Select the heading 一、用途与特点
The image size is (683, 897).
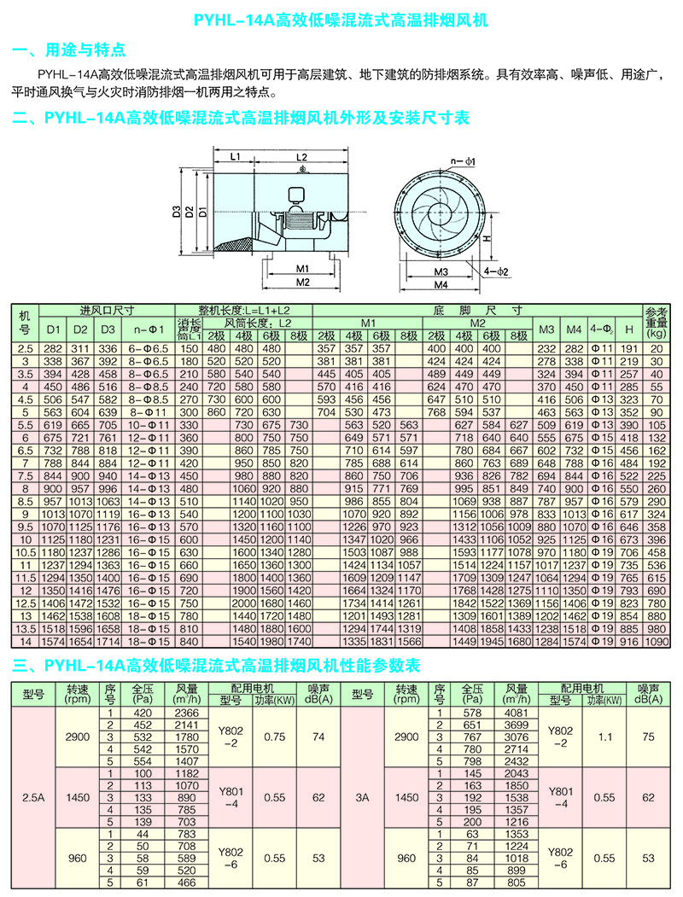click(68, 50)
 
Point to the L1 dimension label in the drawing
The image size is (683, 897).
click(235, 157)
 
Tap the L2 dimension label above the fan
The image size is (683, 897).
click(301, 157)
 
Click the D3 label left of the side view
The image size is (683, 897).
click(176, 212)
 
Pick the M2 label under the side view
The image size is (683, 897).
click(302, 282)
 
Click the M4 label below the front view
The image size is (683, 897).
click(441, 284)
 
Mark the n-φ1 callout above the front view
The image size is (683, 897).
click(463, 162)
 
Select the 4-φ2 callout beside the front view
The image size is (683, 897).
click(496, 271)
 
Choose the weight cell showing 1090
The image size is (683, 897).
click(657, 642)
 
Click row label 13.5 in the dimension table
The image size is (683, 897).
click(25, 629)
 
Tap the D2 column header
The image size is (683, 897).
click(80, 329)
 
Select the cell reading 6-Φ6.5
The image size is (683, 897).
click(149, 348)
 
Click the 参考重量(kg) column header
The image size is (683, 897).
click(657, 323)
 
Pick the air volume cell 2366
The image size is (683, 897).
click(187, 713)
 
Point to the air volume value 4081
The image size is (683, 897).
click(517, 713)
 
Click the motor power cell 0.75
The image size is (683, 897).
click(275, 737)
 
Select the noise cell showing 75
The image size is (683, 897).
click(648, 737)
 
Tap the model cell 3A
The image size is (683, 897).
click(363, 797)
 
